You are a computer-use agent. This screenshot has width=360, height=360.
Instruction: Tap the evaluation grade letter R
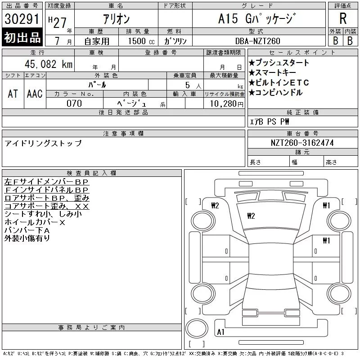343,19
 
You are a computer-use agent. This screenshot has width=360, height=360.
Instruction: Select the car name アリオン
116,19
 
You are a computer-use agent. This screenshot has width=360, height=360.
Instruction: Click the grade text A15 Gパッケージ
258,19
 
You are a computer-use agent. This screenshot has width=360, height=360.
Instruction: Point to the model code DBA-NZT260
258,41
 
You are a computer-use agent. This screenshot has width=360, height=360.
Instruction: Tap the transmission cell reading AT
13,94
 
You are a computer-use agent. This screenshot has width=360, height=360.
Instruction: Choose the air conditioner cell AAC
35,94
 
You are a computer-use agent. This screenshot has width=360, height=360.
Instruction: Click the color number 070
74,103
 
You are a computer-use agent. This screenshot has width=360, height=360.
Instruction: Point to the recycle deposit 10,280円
224,103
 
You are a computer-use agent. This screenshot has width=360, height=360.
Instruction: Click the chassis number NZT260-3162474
302,143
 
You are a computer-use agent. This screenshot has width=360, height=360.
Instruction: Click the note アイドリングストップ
43,144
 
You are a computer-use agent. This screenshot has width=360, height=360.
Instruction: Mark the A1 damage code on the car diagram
221,332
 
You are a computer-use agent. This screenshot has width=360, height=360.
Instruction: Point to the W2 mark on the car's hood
251,216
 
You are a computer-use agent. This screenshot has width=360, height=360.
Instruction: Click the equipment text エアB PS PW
270,121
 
